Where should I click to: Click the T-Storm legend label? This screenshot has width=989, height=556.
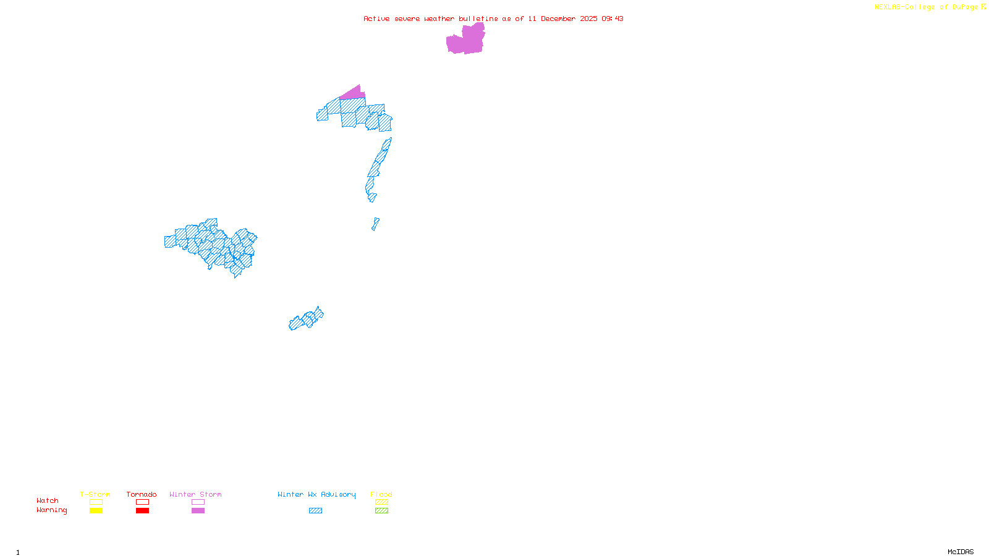point(95,494)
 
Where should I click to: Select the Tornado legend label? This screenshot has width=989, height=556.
point(142,494)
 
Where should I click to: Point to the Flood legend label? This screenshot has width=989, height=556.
point(381,494)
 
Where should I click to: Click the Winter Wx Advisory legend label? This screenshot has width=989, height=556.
point(316,494)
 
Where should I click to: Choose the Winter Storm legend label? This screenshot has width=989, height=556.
point(195,494)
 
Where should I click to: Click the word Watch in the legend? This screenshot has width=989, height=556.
point(48,500)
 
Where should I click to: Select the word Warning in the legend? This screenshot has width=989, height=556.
point(52,510)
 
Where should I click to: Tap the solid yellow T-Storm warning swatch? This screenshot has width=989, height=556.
point(96,511)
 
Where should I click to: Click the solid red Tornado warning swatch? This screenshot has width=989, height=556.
point(142,511)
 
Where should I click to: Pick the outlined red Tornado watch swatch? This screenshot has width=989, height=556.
point(142,502)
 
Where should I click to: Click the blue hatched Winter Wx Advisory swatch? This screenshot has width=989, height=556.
point(315,511)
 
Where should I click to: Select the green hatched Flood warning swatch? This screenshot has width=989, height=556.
point(381,511)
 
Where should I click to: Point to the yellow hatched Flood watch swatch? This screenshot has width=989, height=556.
point(381,502)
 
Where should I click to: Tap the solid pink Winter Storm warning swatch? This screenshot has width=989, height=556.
point(198,511)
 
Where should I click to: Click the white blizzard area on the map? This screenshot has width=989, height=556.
point(380,201)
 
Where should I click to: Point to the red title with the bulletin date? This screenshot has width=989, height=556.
point(493,19)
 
